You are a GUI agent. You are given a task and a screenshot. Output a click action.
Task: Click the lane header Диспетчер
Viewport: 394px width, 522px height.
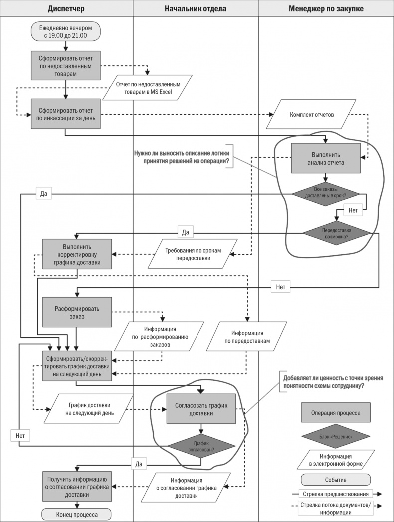point(67,9)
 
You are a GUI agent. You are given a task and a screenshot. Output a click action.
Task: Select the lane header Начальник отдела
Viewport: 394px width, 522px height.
point(195,9)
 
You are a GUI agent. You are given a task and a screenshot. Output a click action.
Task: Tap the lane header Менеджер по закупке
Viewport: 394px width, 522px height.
point(326,9)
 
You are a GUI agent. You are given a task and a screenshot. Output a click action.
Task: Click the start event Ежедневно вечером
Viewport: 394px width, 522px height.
point(65,32)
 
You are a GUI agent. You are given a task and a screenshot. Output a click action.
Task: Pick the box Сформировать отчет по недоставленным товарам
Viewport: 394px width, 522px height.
point(66,65)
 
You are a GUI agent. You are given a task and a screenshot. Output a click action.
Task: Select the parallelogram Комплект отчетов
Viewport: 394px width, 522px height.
point(312,114)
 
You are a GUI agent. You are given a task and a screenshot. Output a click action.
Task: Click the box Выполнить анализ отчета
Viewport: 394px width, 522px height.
point(326,158)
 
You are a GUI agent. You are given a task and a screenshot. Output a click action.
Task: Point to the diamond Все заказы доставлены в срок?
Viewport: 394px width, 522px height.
point(326,192)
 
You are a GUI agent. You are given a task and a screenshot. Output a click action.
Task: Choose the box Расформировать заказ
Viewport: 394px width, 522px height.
point(77,312)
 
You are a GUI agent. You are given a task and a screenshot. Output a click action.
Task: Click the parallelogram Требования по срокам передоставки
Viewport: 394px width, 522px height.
point(193,254)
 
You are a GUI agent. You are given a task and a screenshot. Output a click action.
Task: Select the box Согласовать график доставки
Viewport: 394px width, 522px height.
point(201,410)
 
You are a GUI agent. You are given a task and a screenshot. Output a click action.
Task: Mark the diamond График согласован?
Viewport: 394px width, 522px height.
point(201,446)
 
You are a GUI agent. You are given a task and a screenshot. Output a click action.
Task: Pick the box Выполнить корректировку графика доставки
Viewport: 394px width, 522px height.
point(77,254)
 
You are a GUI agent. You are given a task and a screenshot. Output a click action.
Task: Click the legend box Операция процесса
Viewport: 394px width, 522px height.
point(335,413)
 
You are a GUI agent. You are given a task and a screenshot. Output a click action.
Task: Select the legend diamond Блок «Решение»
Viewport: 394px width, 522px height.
point(335,436)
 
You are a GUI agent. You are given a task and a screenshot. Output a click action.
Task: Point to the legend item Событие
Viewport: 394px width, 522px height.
point(335,480)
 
